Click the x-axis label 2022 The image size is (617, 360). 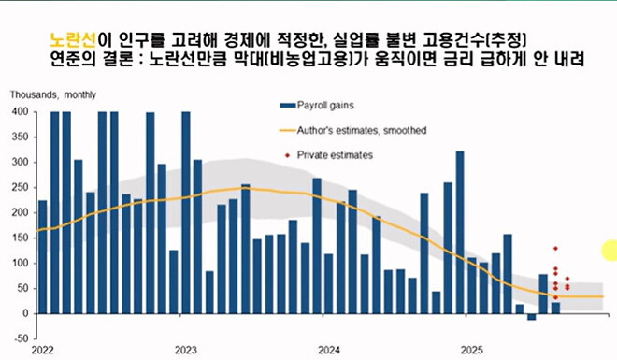pyautogui.click(x=41, y=350)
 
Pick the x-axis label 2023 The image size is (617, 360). pyautogui.click(x=185, y=350)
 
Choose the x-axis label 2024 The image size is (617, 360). pyautogui.click(x=329, y=350)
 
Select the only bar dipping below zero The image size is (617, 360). pyautogui.click(x=531, y=317)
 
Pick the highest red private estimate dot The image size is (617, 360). pyautogui.click(x=555, y=249)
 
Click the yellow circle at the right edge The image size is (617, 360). pyautogui.click(x=610, y=250)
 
